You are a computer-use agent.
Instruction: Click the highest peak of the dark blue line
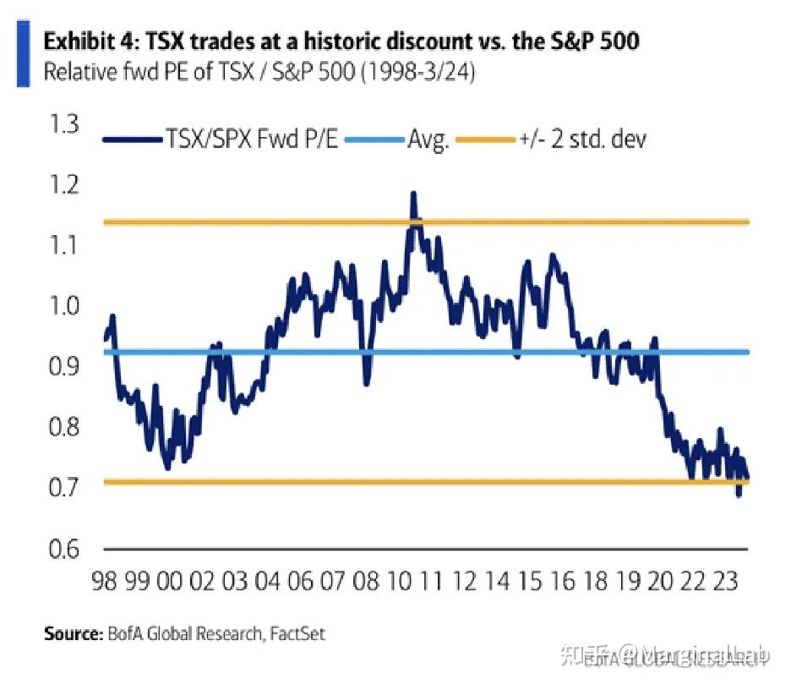click(413, 194)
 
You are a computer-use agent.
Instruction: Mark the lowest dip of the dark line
click(739, 495)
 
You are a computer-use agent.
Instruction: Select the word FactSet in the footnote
click(296, 632)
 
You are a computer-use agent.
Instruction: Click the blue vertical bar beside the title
click(24, 56)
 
